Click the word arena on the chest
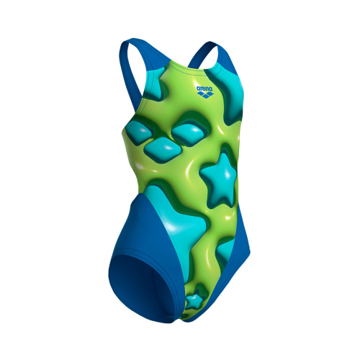[x=204, y=89]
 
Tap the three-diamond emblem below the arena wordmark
[x=204, y=95]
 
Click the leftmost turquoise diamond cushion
[x=139, y=132]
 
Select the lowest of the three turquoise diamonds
[x=163, y=150]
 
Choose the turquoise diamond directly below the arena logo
[x=189, y=133]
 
